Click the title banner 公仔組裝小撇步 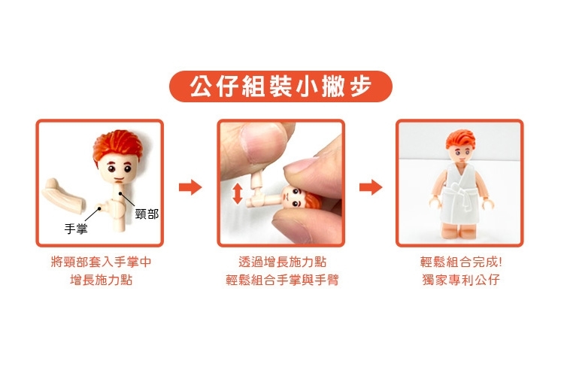tap(280, 86)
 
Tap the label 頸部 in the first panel tap(147, 214)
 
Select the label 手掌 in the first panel tap(76, 229)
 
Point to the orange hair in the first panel tap(117, 144)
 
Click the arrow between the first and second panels tap(190, 187)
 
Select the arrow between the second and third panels tap(371, 187)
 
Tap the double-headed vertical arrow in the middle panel tap(238, 193)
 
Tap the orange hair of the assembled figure tap(460, 140)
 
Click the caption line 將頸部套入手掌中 tap(101, 262)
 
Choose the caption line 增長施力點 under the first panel tap(101, 280)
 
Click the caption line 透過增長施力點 tap(282, 262)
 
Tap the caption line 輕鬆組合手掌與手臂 tap(282, 280)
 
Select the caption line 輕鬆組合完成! tap(461, 262)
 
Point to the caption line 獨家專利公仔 tap(461, 280)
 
